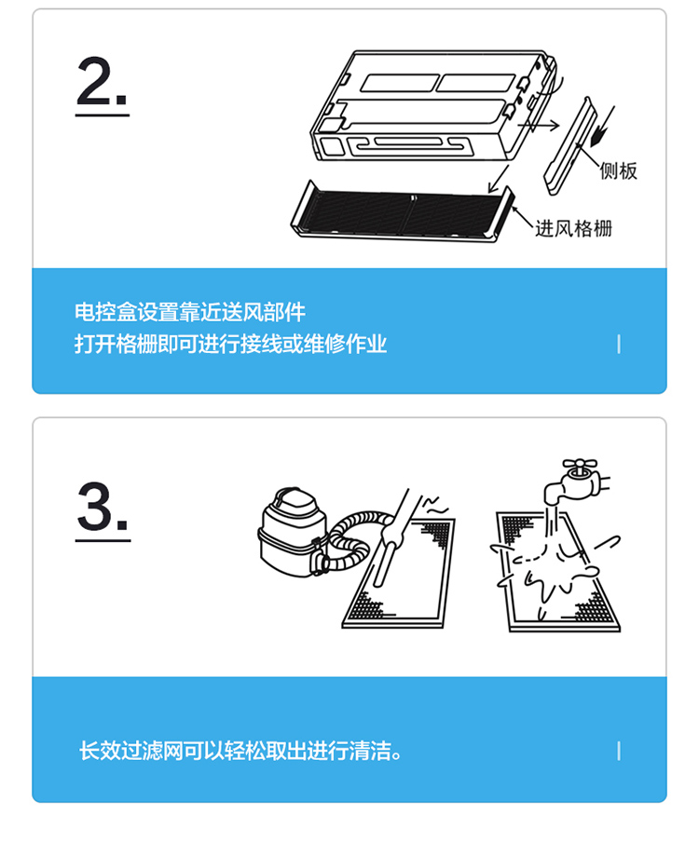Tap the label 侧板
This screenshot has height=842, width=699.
pyautogui.click(x=618, y=170)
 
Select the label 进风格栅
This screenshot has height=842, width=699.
pyautogui.click(x=573, y=228)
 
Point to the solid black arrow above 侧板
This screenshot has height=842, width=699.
pyautogui.click(x=602, y=127)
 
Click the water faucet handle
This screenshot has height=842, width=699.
pyautogui.click(x=580, y=464)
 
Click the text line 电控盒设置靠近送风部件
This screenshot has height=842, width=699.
pyautogui.click(x=189, y=312)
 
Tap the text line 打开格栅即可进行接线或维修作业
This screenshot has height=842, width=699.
pyautogui.click(x=230, y=344)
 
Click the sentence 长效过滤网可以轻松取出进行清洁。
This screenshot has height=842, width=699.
pyautogui.click(x=240, y=751)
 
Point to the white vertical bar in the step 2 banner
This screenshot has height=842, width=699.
pyautogui.click(x=619, y=344)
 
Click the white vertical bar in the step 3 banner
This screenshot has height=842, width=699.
pyautogui.click(x=619, y=751)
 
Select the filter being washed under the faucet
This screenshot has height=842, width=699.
pyautogui.click(x=559, y=572)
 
